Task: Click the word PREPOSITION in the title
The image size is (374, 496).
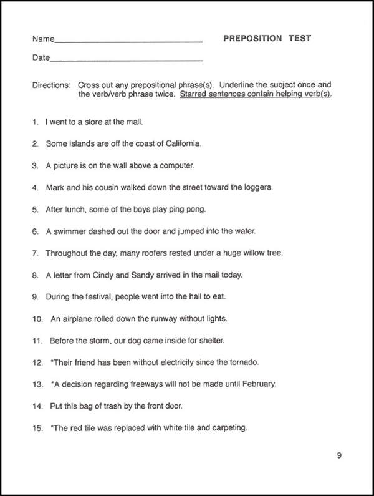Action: pos(252,38)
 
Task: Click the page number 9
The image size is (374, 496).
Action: pos(339,455)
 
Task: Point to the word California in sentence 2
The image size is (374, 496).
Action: pos(180,143)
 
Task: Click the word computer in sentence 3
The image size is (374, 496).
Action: pos(178,165)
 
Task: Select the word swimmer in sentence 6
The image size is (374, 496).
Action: pos(69,231)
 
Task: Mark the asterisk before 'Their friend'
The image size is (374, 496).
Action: pos(52,361)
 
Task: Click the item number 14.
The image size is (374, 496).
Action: pos(37,406)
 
